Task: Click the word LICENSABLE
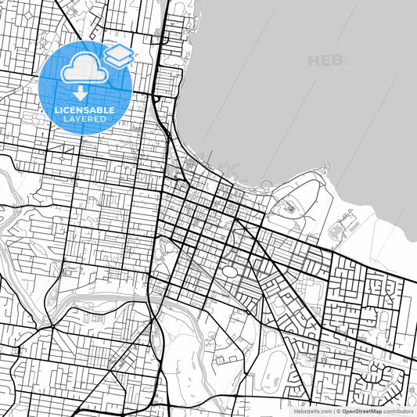84,110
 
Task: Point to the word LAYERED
84,119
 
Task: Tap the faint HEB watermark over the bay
327,60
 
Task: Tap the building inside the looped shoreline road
290,208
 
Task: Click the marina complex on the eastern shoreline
342,228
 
